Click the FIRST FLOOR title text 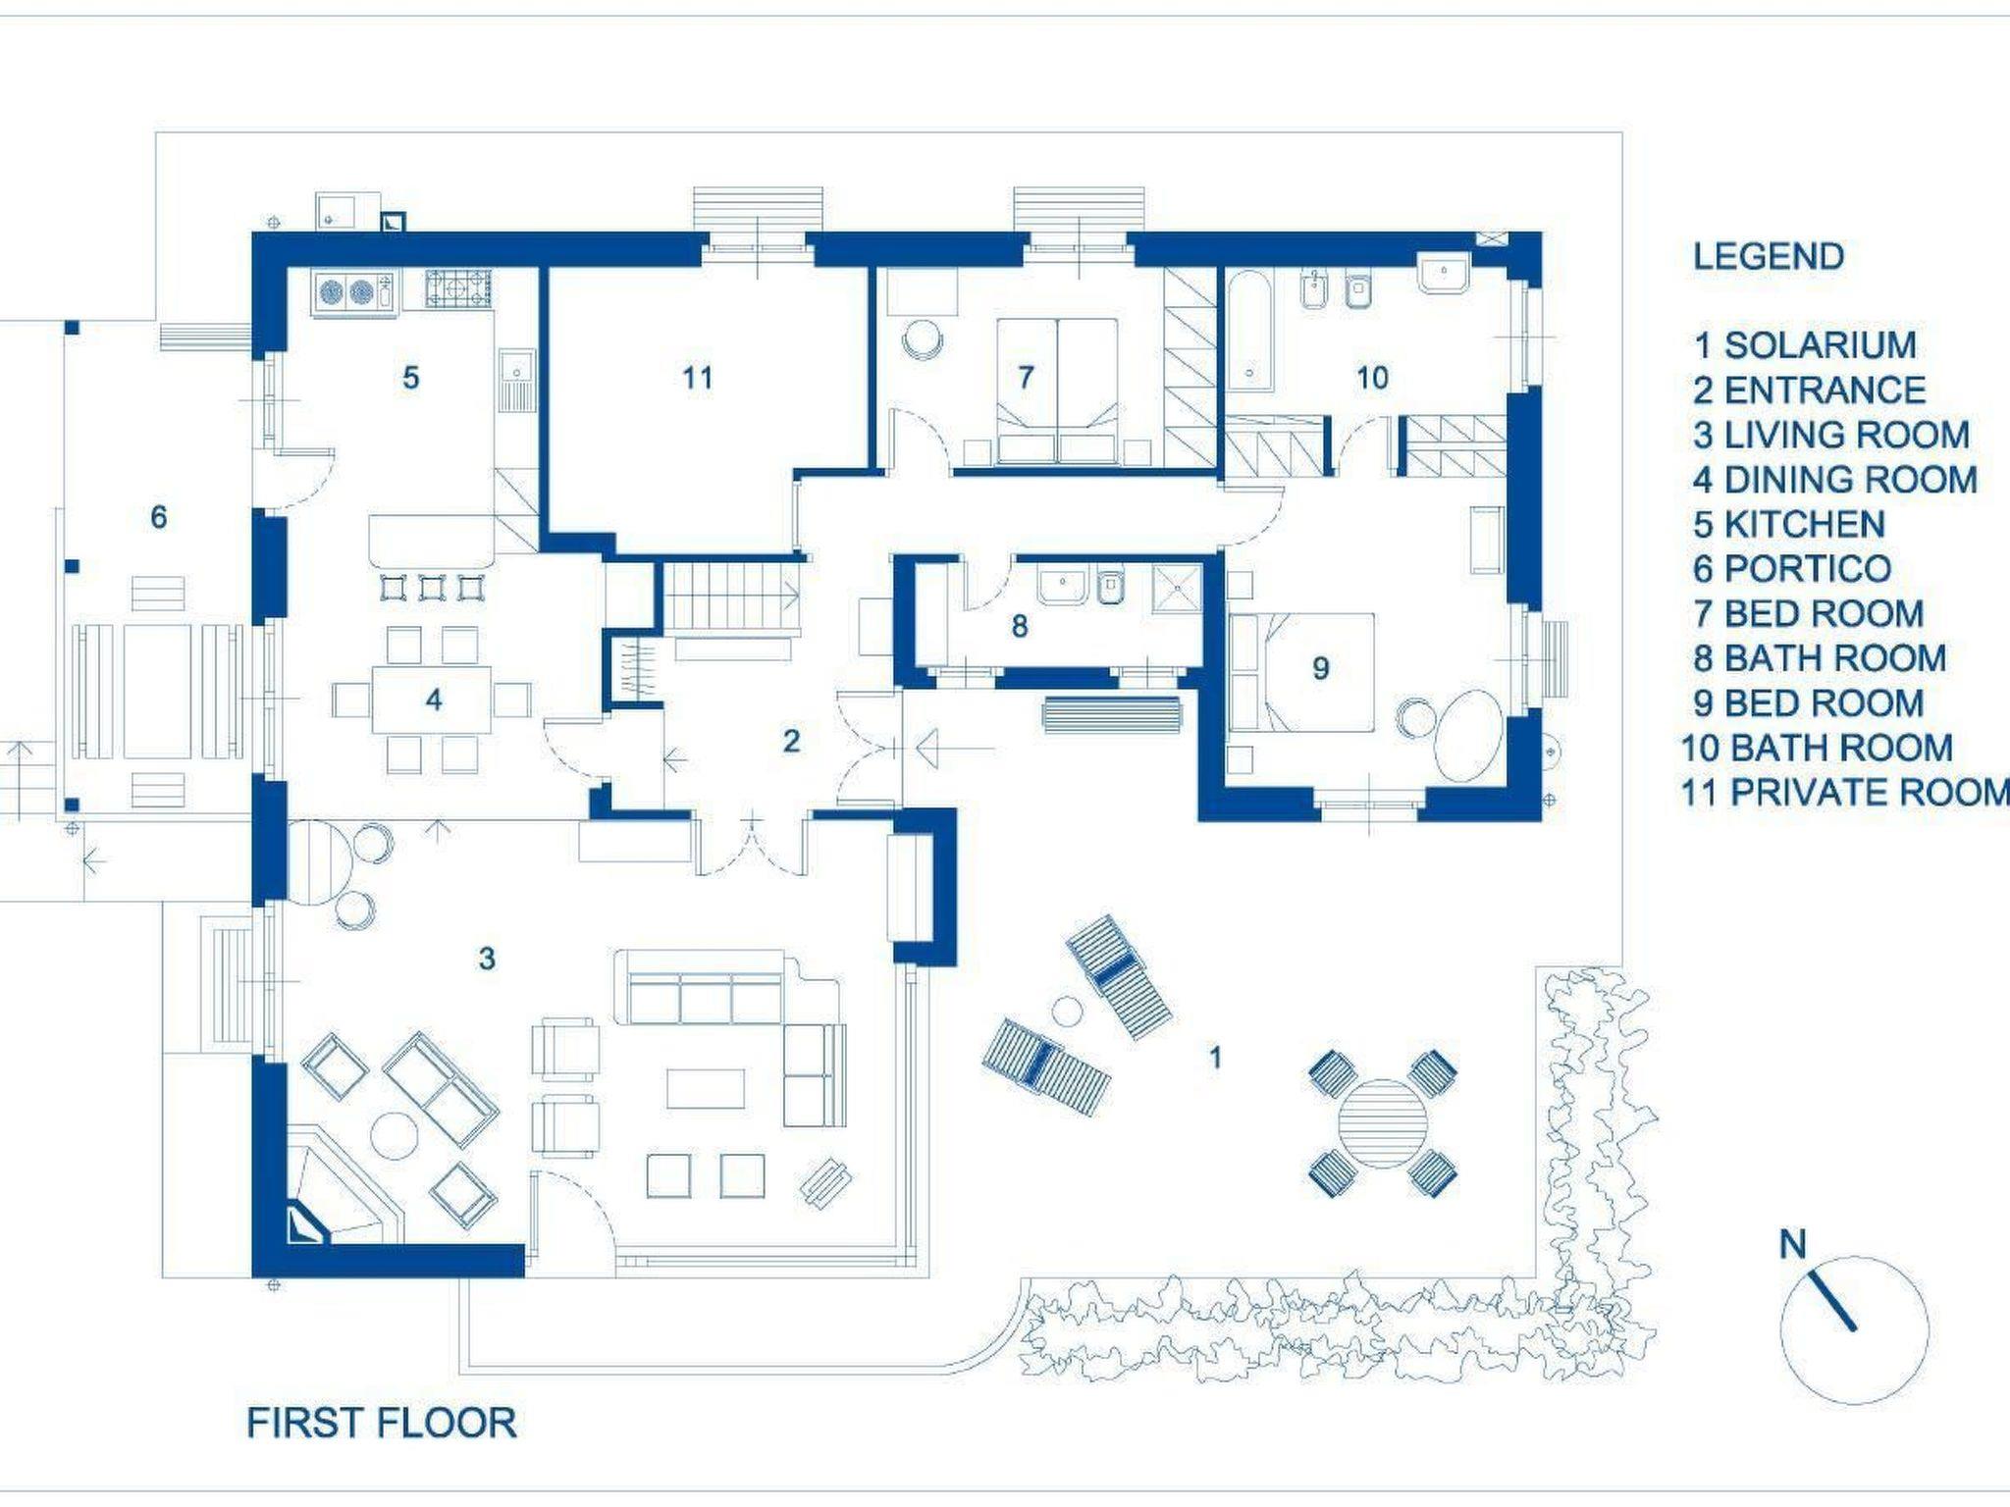382,1423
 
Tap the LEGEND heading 1769,256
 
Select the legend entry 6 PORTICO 1792,568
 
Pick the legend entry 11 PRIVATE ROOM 1846,792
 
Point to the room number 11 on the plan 697,377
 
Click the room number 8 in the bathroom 1020,626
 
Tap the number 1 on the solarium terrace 1215,1057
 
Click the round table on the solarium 1383,1122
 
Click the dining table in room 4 433,700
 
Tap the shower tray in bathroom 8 1176,588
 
